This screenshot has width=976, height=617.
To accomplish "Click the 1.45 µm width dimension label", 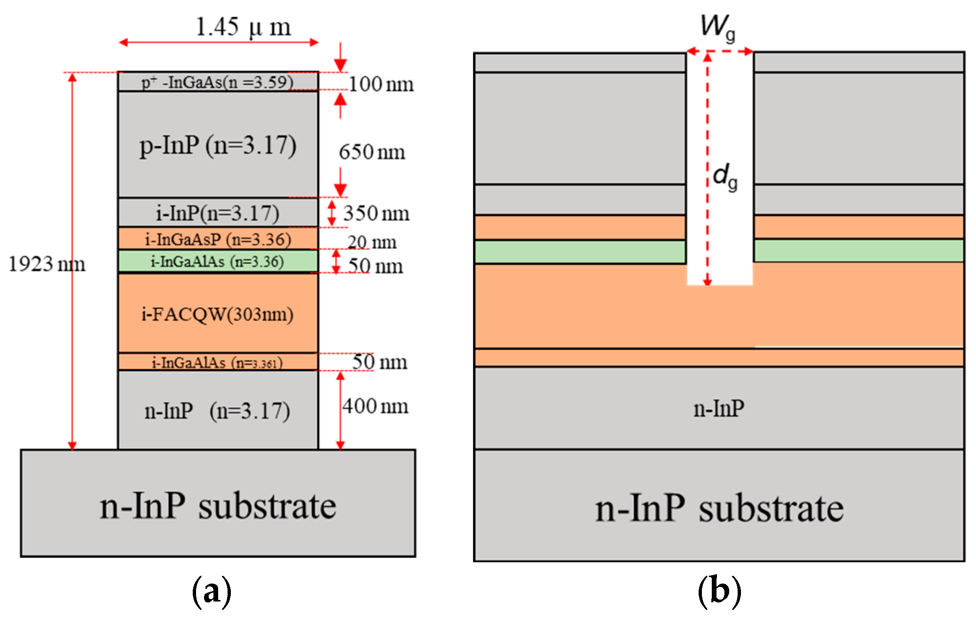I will click(x=243, y=27).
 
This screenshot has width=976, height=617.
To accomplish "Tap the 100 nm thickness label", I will click(x=381, y=85).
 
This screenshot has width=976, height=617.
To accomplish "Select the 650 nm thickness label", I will click(x=371, y=152).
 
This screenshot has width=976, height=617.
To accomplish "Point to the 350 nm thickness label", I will click(x=376, y=214).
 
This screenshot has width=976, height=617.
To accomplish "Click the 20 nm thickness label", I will click(x=371, y=242).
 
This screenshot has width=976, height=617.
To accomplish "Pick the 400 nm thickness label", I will click(x=375, y=406).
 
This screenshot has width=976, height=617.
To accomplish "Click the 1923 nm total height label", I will click(x=47, y=264).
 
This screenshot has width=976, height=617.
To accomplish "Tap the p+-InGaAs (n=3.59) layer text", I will click(x=218, y=82).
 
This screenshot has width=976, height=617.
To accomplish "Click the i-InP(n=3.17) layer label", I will click(x=218, y=213).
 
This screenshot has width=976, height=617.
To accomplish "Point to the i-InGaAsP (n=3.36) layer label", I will click(x=218, y=239).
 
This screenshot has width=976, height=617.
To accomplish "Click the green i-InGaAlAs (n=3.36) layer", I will click(x=218, y=261).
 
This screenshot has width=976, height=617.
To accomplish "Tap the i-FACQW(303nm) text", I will click(x=218, y=314).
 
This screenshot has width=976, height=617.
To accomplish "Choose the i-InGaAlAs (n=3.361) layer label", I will click(x=218, y=363).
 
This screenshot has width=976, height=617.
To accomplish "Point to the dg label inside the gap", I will click(x=725, y=176).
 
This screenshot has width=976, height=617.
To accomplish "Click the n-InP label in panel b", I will click(x=719, y=408).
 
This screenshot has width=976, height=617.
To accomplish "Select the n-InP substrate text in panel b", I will click(x=719, y=509).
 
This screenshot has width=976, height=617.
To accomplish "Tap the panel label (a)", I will click(x=212, y=592).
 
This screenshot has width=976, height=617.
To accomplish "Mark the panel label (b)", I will click(x=719, y=592).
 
